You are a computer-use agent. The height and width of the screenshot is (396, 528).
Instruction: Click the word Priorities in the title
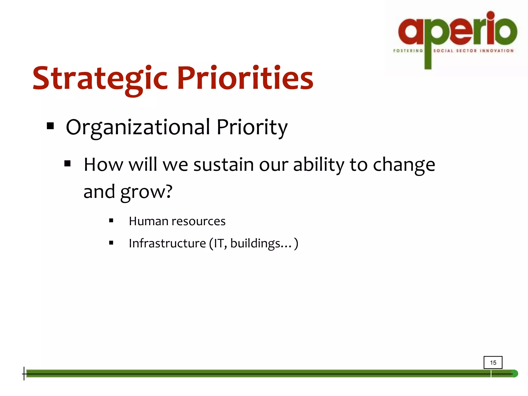(245, 78)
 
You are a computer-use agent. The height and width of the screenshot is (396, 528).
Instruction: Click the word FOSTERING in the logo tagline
(408, 51)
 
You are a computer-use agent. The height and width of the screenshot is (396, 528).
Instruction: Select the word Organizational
(138, 127)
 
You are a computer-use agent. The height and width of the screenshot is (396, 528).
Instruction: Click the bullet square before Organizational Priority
(51, 126)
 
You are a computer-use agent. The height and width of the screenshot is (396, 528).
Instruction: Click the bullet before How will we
(68, 163)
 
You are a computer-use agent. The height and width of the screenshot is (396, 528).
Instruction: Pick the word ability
(319, 164)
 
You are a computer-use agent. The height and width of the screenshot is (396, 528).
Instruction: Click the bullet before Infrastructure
(111, 243)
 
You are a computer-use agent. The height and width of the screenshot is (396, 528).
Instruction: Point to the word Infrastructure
(167, 243)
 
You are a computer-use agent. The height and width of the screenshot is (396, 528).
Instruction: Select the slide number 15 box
(493, 362)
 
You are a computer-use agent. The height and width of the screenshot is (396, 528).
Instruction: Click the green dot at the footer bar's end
(514, 374)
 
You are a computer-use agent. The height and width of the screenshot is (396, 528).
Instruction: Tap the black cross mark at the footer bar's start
(24, 374)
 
